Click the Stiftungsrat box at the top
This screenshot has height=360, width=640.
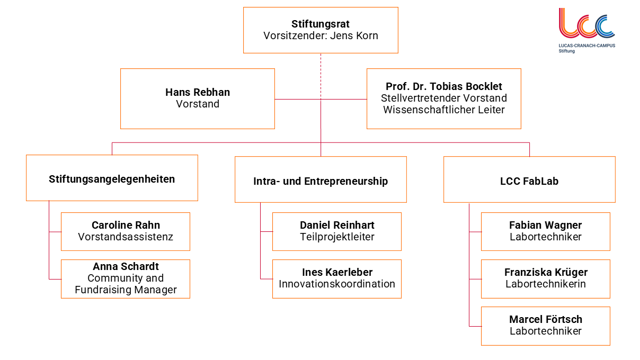[321, 30]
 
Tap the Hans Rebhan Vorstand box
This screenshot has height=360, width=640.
[198, 98]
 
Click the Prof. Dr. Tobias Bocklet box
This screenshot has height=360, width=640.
[443, 98]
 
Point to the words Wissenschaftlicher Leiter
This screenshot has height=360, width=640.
[444, 110]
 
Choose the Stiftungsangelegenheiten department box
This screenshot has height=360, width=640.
[112, 178]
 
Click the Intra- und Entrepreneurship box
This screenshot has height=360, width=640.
[321, 181]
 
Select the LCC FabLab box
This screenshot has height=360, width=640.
[529, 181]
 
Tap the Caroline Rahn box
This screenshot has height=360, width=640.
[126, 231]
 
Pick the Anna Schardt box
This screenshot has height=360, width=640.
[126, 278]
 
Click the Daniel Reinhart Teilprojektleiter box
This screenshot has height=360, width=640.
[337, 231]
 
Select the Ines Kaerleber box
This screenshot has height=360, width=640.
[337, 278]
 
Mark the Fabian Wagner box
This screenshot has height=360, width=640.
[546, 231]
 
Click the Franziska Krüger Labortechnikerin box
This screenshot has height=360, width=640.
[546, 278]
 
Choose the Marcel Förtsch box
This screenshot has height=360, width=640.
[546, 326]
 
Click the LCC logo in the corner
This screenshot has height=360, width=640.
[586, 24]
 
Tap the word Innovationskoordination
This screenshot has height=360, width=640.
[337, 284]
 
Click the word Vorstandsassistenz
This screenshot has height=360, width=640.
[126, 237]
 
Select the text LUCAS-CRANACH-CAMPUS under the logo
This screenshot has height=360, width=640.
[586, 46]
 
